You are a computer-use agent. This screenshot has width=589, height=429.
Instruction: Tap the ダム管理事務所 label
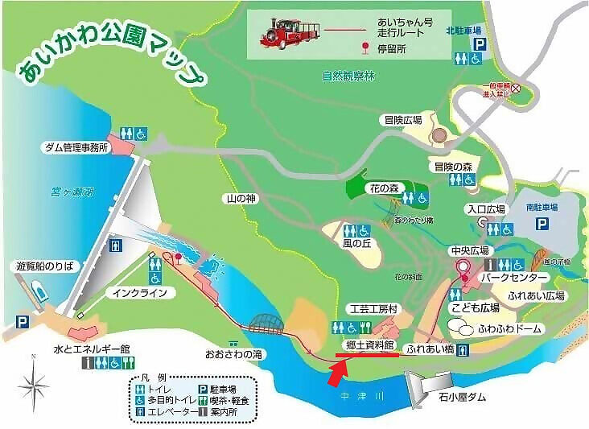(x=78, y=148)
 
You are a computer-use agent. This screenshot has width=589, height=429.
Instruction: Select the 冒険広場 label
(x=402, y=120)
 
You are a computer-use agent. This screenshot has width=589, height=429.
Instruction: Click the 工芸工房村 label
(x=369, y=308)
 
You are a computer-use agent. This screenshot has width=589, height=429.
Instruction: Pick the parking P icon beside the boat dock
(x=22, y=322)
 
